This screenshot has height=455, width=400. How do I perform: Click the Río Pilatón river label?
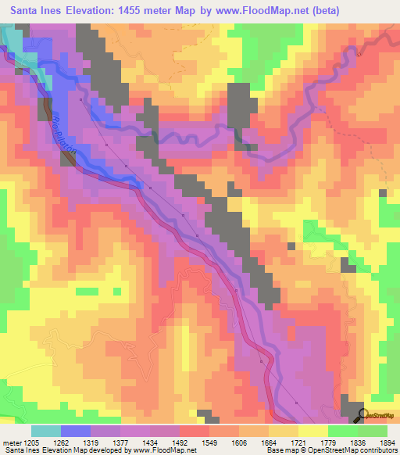tap(62, 129)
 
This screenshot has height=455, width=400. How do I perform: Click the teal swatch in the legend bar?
tap(46, 431)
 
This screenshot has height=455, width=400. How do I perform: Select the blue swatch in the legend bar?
tap(76, 431)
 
